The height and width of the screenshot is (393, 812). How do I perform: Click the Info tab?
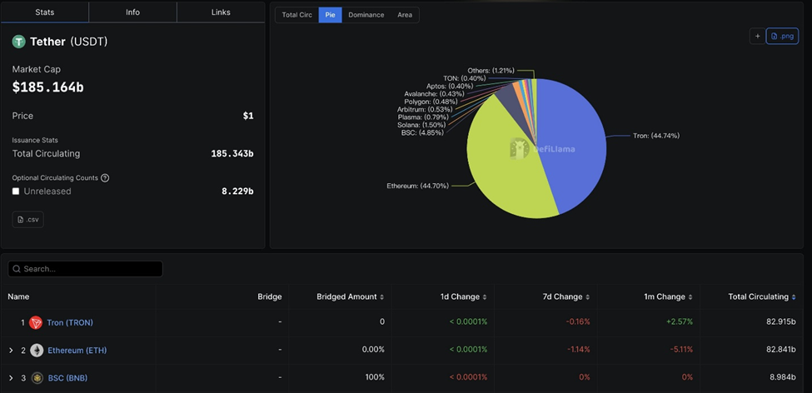click(132, 12)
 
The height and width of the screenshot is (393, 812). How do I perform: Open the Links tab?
click(221, 12)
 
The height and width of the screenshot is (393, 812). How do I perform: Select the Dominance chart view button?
click(366, 15)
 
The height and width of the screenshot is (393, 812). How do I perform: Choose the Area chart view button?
click(405, 15)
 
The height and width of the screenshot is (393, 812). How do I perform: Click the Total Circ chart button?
click(296, 15)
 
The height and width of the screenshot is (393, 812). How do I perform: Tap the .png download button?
click(782, 36)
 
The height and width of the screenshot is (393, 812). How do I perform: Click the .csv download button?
click(27, 220)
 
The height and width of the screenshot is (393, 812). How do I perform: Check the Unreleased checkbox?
click(16, 192)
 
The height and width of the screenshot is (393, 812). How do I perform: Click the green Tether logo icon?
click(18, 42)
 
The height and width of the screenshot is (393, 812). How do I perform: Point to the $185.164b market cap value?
click(47, 87)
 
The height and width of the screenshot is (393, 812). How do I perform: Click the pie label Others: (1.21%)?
click(491, 71)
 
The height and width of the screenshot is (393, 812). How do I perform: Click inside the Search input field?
click(86, 269)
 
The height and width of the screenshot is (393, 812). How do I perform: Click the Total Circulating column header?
click(757, 296)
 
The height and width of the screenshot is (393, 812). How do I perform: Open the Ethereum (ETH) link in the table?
click(77, 351)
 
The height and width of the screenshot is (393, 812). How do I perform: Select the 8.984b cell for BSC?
click(784, 378)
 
